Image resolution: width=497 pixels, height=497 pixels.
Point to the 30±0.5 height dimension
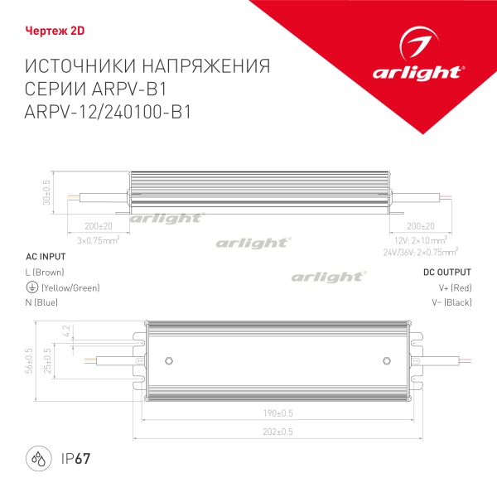pyautogui.click(x=47, y=191)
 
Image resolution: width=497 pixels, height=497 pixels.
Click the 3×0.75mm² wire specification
pyautogui.click(x=99, y=239)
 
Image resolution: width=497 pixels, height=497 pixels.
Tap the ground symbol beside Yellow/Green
pyautogui.click(x=31, y=287)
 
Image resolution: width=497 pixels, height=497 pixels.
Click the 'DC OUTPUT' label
pyautogui.click(x=447, y=272)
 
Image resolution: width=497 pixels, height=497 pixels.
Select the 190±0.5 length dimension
pyautogui.click(x=278, y=413)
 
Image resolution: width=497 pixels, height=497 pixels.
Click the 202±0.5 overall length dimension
pyautogui.click(x=278, y=432)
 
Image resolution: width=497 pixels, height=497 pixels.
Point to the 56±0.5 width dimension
pyautogui.click(x=27, y=360)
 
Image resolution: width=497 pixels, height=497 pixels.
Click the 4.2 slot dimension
pyautogui.click(x=66, y=332)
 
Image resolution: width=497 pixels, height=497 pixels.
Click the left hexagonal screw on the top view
pyautogui.click(x=170, y=360)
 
